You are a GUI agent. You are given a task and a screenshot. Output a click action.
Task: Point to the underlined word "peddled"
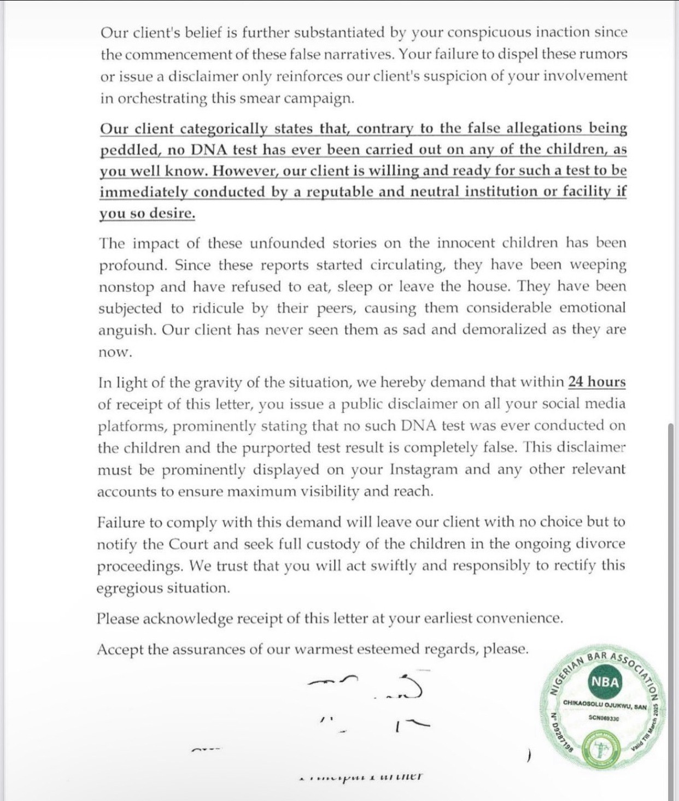pos(124,150)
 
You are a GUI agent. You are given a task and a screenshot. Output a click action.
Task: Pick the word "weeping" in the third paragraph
pos(598,265)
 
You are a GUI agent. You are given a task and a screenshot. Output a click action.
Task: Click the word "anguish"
pos(125,331)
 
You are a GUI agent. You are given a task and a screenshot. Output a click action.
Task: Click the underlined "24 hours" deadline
pos(596,382)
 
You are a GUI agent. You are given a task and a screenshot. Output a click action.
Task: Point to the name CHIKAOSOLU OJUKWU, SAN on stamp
pos(604,706)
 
